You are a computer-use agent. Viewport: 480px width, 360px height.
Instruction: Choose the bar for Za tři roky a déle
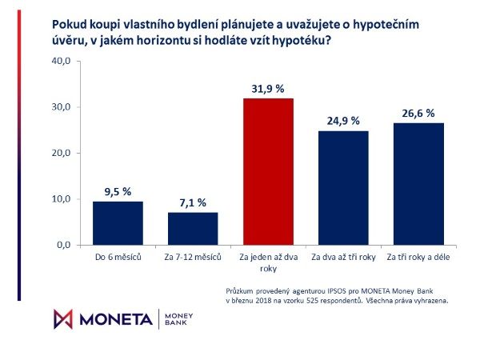click(415, 183)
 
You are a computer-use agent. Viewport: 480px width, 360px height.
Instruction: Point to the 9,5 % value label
click(118, 192)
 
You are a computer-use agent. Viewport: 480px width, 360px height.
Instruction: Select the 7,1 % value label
click(192, 203)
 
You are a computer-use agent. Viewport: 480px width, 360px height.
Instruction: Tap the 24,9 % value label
click(341, 121)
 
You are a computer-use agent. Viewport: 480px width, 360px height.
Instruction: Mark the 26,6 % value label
click(415, 114)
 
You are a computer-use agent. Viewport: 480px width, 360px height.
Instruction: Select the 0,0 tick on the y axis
click(63, 244)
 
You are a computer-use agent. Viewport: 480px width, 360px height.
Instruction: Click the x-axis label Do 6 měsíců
click(118, 258)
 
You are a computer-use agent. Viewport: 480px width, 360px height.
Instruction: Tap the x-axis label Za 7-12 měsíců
click(192, 258)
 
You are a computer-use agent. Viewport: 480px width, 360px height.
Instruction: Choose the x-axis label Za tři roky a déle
click(415, 258)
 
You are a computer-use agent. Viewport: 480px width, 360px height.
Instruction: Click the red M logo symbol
click(62, 318)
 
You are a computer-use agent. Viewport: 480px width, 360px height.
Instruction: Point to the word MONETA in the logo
click(114, 318)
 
